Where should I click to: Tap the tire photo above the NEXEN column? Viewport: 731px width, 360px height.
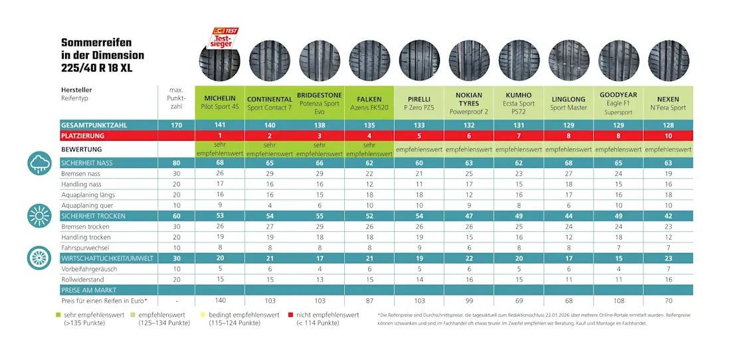[669, 60]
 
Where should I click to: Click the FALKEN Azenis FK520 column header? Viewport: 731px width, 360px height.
[369, 103]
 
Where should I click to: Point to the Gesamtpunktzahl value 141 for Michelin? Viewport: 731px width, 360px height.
[220, 125]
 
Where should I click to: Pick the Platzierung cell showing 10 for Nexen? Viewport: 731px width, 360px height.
[669, 135]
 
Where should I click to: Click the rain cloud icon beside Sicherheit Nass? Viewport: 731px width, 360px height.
[39, 163]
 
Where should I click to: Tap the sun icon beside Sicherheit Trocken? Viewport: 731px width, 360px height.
[39, 216]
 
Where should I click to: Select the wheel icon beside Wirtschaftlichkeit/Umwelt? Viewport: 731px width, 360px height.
[39, 258]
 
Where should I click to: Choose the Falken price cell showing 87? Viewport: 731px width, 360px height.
[369, 301]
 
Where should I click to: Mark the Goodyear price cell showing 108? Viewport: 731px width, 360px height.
[619, 301]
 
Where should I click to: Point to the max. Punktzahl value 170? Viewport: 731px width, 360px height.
[177, 125]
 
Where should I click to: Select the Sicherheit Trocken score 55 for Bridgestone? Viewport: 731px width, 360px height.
[320, 216]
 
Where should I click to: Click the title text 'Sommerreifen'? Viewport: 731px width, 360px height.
[97, 43]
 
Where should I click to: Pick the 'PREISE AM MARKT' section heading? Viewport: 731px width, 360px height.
[88, 290]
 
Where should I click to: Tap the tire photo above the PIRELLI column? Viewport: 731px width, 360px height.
[419, 60]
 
